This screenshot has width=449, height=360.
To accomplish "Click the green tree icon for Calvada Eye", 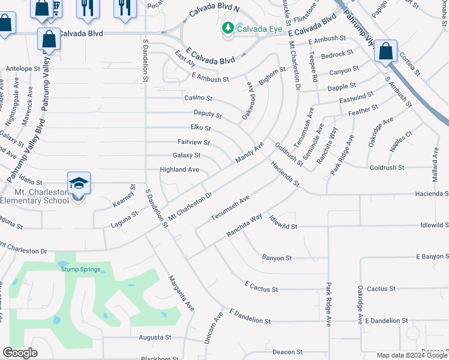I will (x=228, y=28).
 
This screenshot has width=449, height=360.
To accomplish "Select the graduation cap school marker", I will (x=79, y=183).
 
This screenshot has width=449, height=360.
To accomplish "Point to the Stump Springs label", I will (x=78, y=269).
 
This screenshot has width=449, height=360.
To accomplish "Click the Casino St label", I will (x=198, y=98).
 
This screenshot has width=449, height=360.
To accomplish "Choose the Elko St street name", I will (x=200, y=128).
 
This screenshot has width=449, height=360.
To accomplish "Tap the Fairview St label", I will (x=193, y=143).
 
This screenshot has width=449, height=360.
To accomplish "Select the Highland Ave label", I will (x=179, y=170).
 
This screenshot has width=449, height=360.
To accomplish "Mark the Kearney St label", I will (x=122, y=197).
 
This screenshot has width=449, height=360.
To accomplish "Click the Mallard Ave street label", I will (x=435, y=163).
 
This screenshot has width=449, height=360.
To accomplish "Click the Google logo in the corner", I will (x=20, y=353).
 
